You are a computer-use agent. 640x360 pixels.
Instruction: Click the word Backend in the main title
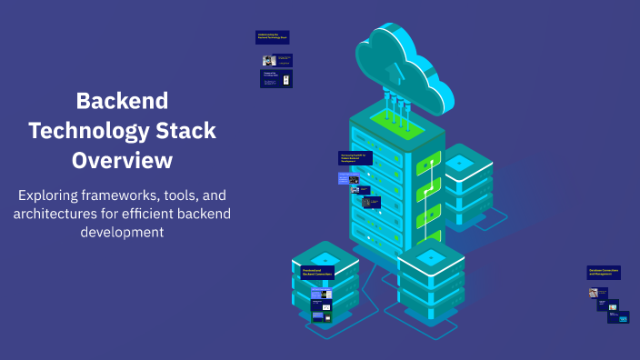click(x=122, y=100)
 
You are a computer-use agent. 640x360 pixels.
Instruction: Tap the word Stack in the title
click(x=186, y=130)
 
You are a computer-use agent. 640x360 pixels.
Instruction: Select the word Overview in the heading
click(x=122, y=160)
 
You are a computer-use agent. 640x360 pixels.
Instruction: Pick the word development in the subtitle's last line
click(x=122, y=232)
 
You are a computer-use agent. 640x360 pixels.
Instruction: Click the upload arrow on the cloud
click(x=392, y=70)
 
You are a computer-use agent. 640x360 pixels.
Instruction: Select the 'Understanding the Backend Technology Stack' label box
click(x=272, y=37)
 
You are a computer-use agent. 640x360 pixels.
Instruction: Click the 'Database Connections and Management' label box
click(x=604, y=272)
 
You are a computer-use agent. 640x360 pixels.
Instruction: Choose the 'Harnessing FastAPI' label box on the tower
click(x=355, y=158)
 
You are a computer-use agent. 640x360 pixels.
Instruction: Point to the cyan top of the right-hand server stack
click(x=458, y=162)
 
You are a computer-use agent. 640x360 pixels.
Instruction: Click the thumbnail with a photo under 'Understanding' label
click(x=269, y=61)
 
